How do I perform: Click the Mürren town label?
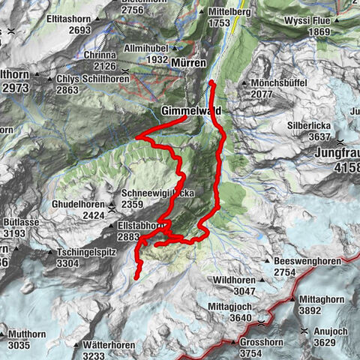tap(188, 64)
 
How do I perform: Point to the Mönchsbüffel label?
tap(275, 83)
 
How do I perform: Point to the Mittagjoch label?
tap(231, 307)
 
